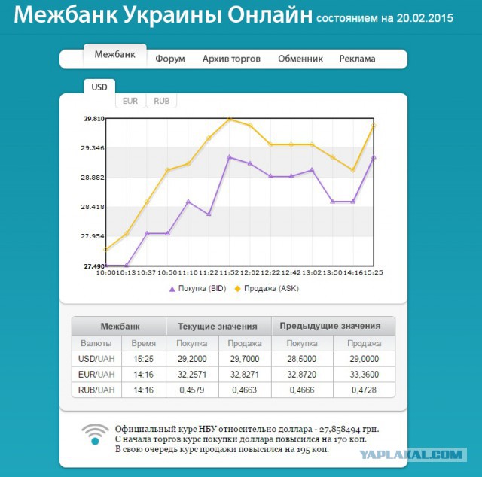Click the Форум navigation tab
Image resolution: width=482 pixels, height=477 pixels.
170,59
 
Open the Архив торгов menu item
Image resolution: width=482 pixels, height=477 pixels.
231,59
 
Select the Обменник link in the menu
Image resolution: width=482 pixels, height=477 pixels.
300,59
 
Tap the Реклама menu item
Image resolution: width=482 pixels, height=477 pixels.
357,59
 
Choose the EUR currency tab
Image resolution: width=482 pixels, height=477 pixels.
130,101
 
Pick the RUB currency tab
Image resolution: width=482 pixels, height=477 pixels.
161,101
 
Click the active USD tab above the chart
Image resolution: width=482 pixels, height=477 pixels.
99,87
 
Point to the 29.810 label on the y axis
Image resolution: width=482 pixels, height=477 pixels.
94,119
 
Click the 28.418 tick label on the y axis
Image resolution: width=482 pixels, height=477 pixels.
94,207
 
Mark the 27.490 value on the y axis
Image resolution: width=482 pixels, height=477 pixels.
94,266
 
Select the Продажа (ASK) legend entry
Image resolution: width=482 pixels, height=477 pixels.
267,288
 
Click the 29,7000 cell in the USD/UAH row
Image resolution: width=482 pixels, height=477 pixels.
245,360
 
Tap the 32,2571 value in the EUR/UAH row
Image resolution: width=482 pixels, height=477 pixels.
192,374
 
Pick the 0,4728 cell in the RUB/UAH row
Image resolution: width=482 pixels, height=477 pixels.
364,390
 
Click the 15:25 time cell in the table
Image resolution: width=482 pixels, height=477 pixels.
143,360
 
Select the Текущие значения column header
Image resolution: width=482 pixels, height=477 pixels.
218,327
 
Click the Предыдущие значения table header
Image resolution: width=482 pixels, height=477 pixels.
330,326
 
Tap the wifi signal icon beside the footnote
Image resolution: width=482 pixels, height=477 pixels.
95,433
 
